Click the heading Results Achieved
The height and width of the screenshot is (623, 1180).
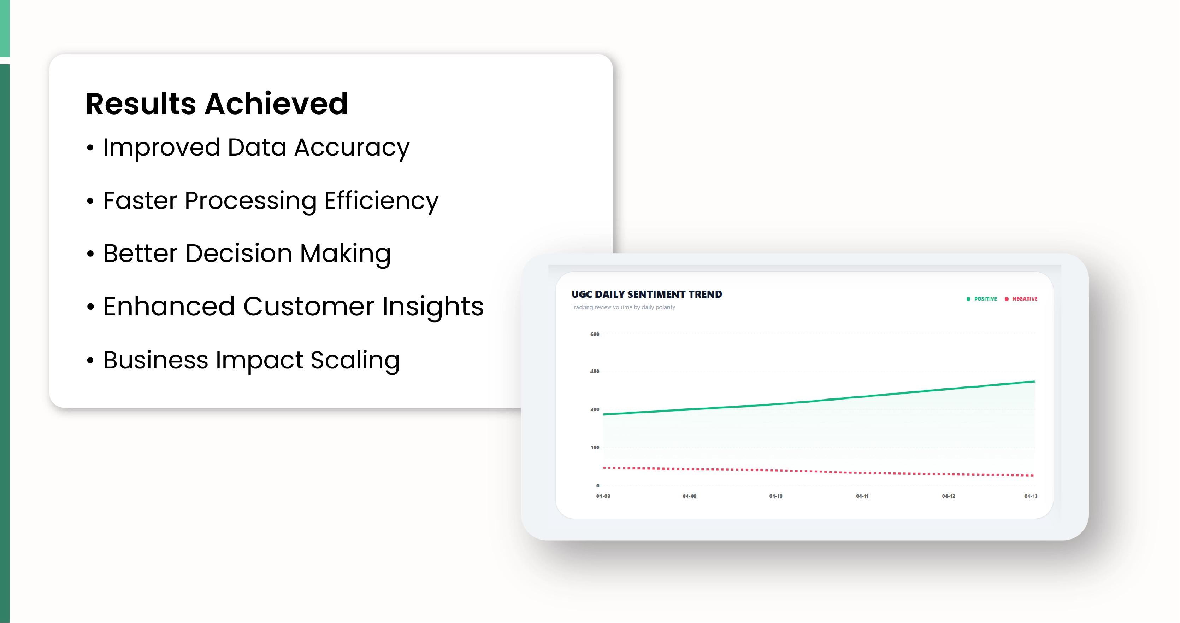pos(217,104)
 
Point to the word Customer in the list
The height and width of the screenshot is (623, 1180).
pos(309,306)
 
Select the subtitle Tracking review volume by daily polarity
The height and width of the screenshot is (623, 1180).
pos(623,307)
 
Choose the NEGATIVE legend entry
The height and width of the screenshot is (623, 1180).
pos(1021,299)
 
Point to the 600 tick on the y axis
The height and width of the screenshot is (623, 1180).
pos(595,334)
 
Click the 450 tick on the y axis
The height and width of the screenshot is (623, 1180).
pos(595,371)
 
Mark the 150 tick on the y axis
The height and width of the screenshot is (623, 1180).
pos(595,447)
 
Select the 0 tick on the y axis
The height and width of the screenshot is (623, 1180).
pos(597,485)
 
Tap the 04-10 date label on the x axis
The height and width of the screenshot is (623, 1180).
pos(775,496)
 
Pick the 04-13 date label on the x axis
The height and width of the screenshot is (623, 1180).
pos(1031,496)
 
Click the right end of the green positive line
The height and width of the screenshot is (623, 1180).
pos(1034,382)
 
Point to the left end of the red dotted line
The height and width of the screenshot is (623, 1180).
pos(604,467)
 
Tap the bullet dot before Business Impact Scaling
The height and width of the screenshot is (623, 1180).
pos(90,360)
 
